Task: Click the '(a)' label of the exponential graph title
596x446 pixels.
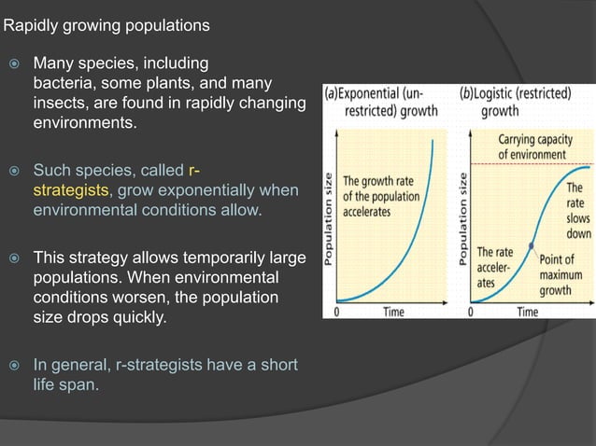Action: coord(333,94)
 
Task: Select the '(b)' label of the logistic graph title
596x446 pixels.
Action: coord(468,94)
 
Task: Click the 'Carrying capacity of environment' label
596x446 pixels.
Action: coord(534,146)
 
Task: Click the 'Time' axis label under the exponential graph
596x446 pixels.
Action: coord(393,312)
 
